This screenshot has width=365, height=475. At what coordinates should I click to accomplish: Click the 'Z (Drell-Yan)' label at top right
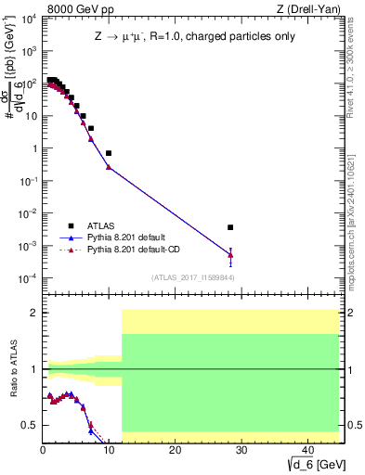pos(311,8)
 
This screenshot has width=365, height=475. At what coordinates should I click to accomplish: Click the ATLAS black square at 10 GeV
pos(109,153)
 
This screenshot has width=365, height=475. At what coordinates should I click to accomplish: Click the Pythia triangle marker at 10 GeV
pos(109,167)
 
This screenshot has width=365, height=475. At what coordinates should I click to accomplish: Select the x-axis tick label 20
pos(174,449)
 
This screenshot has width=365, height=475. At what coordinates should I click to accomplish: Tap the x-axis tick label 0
pos(43,449)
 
